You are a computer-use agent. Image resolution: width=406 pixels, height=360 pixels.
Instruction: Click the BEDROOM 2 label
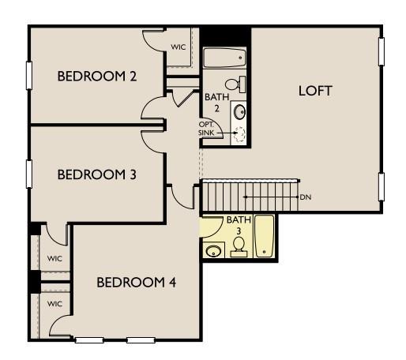pos(98,77)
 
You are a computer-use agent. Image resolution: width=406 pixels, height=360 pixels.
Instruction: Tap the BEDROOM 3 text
pos(98,174)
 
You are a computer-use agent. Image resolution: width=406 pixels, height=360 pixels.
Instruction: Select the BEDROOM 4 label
pos(136,283)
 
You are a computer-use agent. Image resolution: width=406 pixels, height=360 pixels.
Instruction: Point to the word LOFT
pos(314,90)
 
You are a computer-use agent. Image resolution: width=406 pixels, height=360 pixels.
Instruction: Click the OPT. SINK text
pos(206,129)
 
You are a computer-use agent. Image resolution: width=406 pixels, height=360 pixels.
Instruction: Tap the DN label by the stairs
pos(305,196)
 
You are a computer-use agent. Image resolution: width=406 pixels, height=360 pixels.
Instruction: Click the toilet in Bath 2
pos(235,84)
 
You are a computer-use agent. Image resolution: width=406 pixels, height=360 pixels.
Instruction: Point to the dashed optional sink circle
pos(239,134)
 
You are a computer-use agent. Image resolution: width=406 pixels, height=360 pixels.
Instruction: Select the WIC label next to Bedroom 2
pos(179,47)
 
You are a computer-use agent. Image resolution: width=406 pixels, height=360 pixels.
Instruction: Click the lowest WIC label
pos(54,303)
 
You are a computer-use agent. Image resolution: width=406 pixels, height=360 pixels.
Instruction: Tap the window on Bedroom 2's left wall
pos(30,77)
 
